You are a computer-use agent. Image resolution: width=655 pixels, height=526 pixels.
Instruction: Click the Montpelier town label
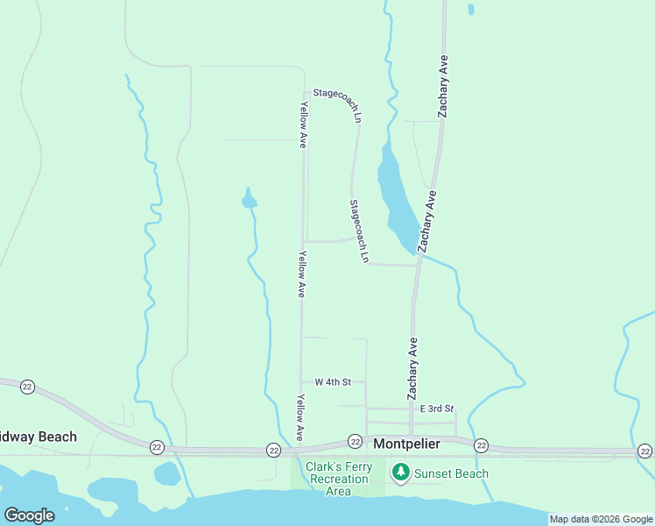pos(406,444)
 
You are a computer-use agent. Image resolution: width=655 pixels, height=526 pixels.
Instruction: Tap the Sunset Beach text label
pos(451,473)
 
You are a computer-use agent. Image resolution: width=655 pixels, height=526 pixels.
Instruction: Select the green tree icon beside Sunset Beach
pos(401,473)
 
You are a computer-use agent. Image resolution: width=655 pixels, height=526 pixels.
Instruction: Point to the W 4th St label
pos(333,382)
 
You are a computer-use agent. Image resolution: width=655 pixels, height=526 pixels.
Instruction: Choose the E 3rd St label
pos(437,409)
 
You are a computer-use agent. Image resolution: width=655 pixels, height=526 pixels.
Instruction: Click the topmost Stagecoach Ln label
pos(338,104)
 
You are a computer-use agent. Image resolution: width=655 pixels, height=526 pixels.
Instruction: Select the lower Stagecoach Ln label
pos(359,231)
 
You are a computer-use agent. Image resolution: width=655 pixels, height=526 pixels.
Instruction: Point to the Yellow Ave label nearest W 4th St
pos(300,417)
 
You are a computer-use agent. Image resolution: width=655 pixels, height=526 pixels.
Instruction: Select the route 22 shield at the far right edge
pos(645,451)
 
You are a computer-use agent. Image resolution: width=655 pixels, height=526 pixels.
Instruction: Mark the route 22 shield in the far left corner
pos(28,387)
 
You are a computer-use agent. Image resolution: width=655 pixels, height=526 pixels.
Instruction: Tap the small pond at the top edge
pos(471,10)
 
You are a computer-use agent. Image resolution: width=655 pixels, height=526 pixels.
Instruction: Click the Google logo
pos(29,515)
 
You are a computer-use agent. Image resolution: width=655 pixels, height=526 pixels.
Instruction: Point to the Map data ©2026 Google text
pos(601,519)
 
